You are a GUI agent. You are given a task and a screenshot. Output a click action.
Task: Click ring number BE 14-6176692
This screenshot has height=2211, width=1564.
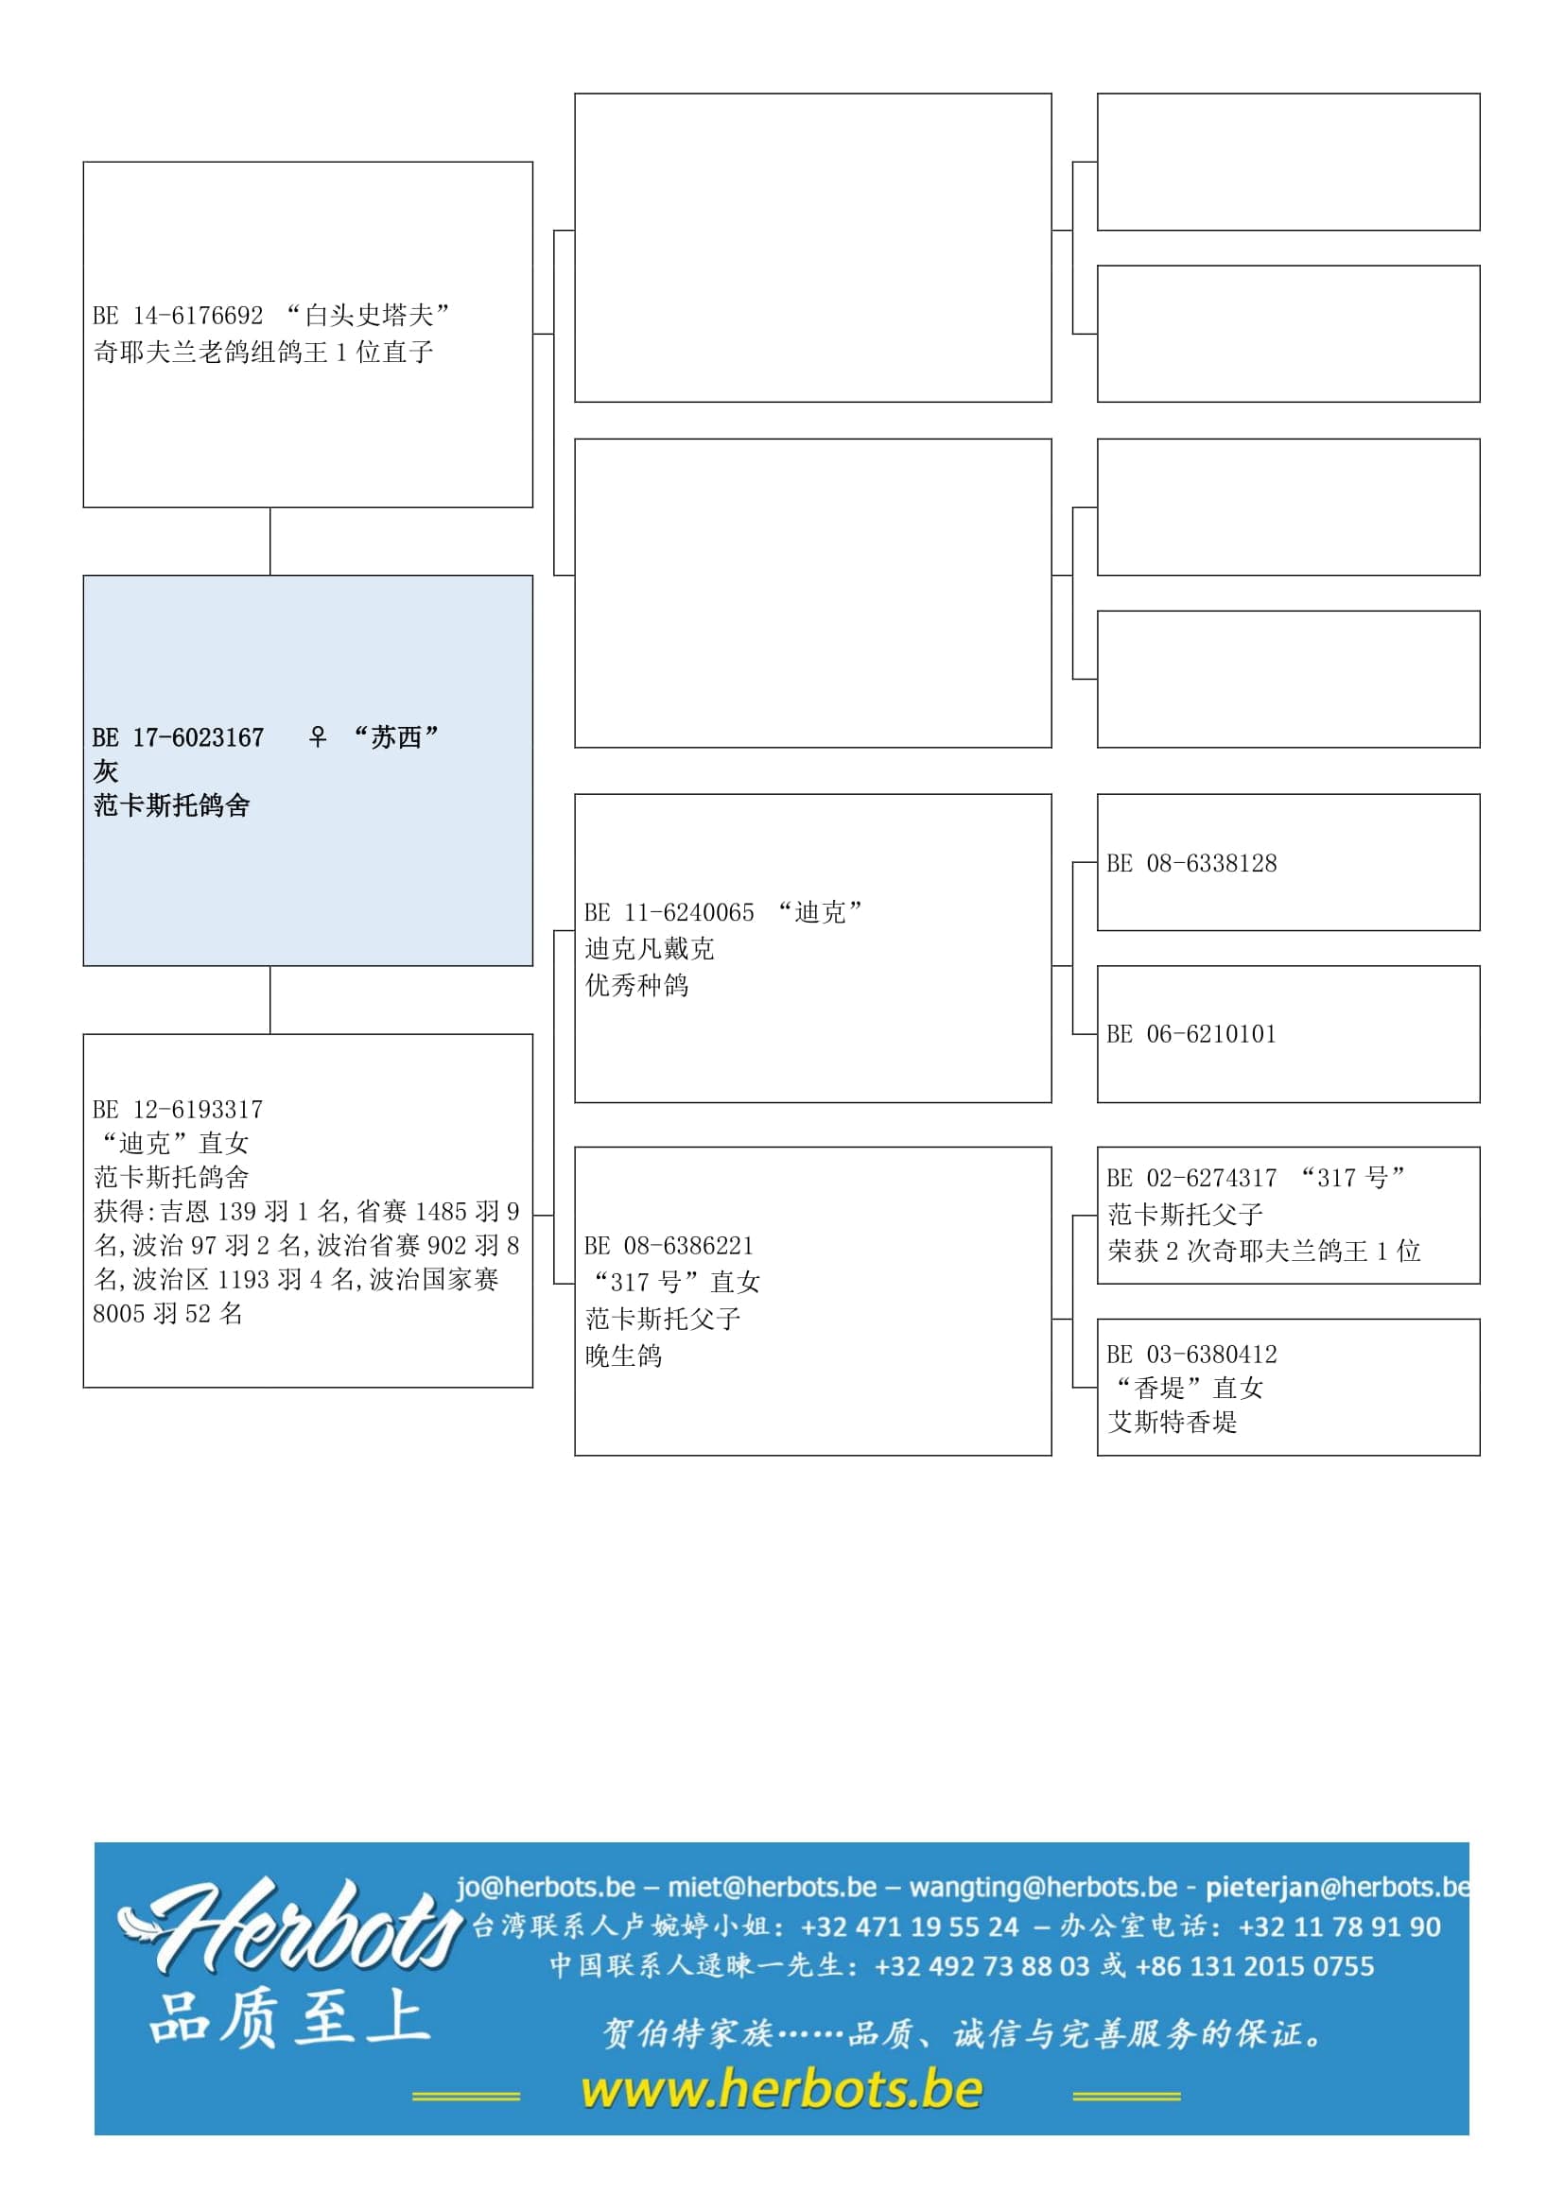point(177,316)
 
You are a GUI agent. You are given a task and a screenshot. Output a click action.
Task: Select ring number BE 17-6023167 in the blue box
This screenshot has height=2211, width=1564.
point(177,737)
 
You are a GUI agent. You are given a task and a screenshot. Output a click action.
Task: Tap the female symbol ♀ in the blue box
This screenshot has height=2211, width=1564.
point(318,736)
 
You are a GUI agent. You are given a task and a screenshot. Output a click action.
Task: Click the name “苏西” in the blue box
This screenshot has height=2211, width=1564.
point(396,737)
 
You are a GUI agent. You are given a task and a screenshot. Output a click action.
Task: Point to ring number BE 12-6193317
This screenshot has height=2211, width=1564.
point(177,1110)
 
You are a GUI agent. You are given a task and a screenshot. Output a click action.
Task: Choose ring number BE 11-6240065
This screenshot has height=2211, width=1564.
point(669,912)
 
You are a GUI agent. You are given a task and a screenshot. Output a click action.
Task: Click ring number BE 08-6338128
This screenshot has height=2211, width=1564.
point(1191,863)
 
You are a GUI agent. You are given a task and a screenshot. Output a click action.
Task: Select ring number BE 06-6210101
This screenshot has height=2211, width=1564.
point(1191,1034)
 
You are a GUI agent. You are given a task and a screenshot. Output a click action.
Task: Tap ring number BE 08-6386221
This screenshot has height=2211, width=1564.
point(669,1246)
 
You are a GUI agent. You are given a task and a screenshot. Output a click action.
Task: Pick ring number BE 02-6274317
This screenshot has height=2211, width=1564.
point(1191,1178)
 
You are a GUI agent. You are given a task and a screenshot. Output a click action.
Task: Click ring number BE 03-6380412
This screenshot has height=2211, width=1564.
point(1191,1355)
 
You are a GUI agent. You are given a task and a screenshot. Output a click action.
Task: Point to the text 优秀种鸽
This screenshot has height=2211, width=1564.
point(636,985)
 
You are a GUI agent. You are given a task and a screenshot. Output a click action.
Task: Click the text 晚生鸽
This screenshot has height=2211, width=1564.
point(623,1356)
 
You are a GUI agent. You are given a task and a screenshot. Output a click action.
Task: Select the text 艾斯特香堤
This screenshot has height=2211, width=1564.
point(1172,1423)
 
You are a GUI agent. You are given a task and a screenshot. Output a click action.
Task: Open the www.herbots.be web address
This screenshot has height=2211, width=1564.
point(781,2090)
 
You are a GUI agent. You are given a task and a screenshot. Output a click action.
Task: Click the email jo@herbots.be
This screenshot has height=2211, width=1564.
point(546,1887)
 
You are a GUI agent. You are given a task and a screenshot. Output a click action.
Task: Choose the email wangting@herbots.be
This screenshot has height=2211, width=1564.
point(1043,1887)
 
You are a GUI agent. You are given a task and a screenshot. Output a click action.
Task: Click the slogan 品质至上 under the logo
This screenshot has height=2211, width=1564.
point(289,2017)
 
